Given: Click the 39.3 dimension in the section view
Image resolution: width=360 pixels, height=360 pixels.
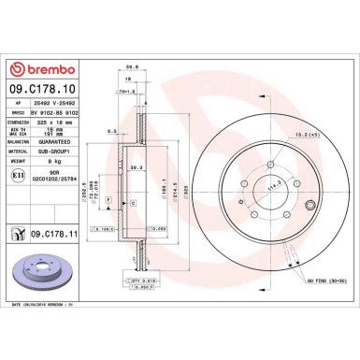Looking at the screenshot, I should [137, 168].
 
